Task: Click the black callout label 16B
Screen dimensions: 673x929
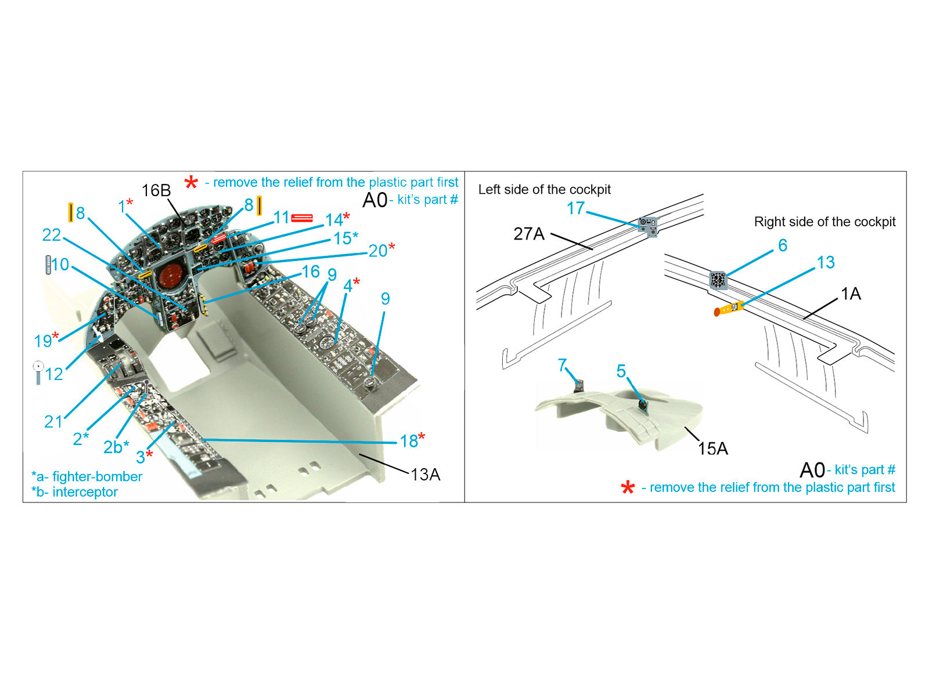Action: click(x=156, y=191)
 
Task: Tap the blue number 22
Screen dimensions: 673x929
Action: click(x=51, y=235)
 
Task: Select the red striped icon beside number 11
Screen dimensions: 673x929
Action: click(x=302, y=218)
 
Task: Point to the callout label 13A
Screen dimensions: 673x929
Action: click(x=425, y=475)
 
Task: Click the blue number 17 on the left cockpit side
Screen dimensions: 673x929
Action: click(x=575, y=208)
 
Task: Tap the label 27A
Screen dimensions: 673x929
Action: click(x=528, y=234)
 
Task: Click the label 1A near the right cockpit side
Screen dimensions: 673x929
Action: click(x=851, y=294)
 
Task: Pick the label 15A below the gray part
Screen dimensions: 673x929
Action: click(x=712, y=448)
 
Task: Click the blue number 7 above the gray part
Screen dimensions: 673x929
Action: click(x=561, y=366)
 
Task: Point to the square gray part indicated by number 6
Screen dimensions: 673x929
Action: click(x=718, y=280)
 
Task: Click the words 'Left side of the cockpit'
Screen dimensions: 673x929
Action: click(x=544, y=190)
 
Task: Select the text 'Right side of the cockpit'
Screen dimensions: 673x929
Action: click(x=824, y=222)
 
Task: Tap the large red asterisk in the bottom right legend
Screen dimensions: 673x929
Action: click(x=628, y=487)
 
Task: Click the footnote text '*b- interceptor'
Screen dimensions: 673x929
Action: click(x=74, y=492)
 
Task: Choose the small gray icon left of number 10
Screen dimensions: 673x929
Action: click(x=48, y=265)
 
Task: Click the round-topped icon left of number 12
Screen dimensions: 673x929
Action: click(x=38, y=372)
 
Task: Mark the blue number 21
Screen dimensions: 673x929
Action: click(x=53, y=422)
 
